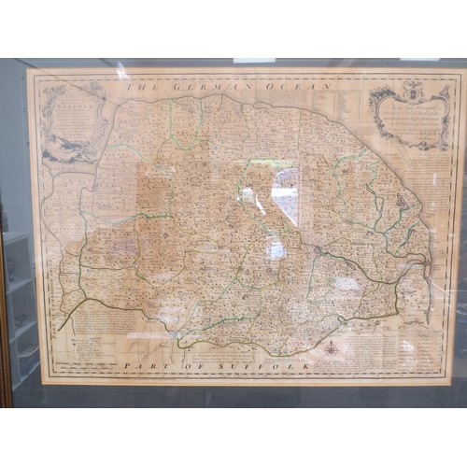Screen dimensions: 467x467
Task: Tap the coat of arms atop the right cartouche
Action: click(412, 91)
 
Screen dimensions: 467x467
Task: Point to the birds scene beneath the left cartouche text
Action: click(70, 148)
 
